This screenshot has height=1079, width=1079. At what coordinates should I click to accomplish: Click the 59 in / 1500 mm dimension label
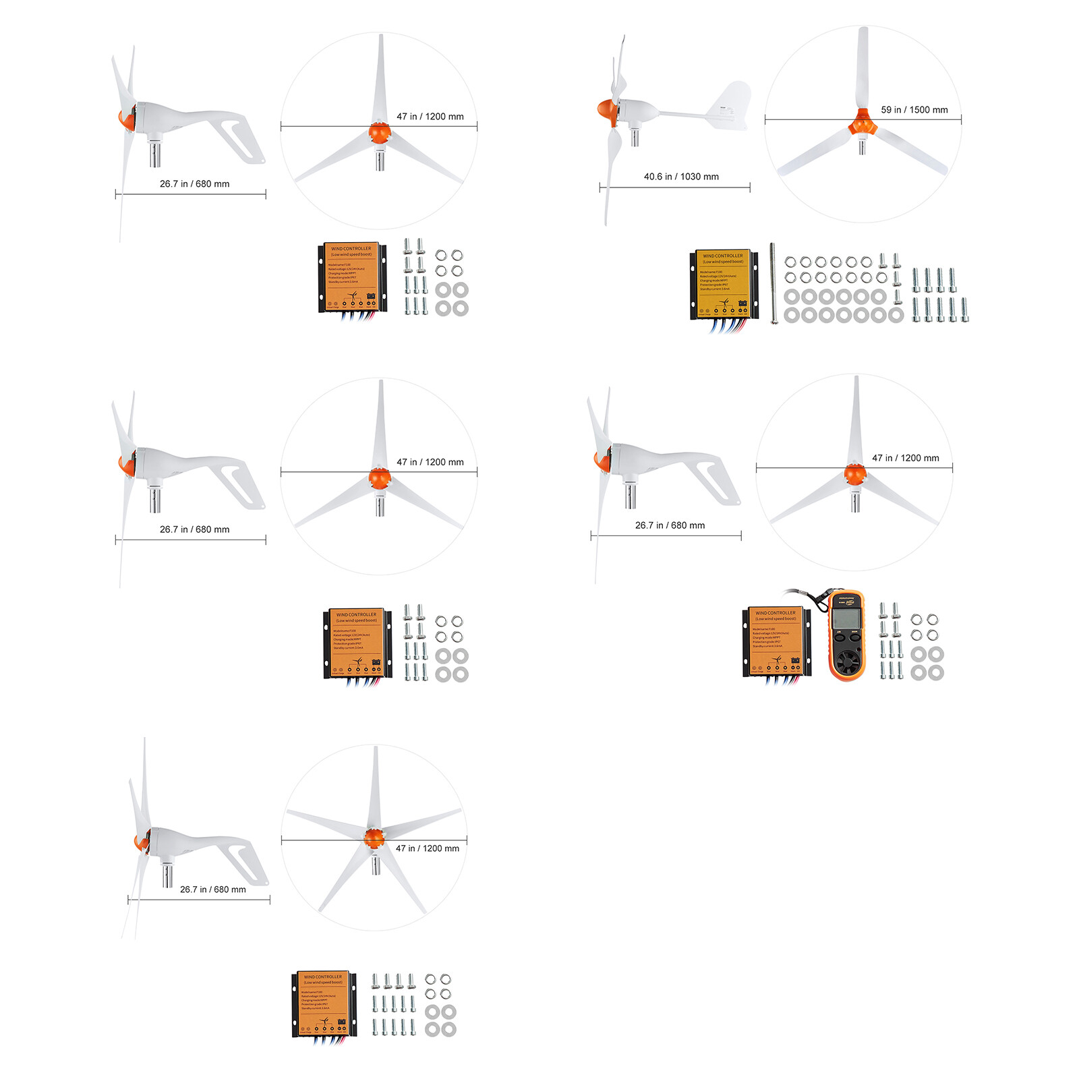click(x=914, y=110)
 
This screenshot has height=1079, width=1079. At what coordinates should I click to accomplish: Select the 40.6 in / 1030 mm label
click(x=681, y=177)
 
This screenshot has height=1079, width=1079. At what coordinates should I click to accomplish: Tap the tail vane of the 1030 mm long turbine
click(x=732, y=105)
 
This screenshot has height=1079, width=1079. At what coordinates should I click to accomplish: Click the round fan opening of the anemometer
click(x=846, y=658)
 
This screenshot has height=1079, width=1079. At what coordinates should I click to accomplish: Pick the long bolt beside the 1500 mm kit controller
click(x=773, y=283)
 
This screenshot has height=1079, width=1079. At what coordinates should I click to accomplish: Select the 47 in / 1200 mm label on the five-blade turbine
click(x=427, y=848)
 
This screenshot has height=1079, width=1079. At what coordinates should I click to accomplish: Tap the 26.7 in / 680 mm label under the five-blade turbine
click(x=212, y=890)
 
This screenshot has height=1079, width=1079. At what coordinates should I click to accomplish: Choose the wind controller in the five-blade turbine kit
click(x=323, y=1003)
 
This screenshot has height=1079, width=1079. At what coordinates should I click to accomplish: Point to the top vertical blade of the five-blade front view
click(x=375, y=786)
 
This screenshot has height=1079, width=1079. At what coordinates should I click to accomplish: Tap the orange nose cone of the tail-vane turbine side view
click(x=605, y=110)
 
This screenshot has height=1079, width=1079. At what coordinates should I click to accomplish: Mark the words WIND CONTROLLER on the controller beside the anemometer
click(x=776, y=613)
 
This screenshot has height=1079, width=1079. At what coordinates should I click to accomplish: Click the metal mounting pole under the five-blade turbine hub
click(x=376, y=864)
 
